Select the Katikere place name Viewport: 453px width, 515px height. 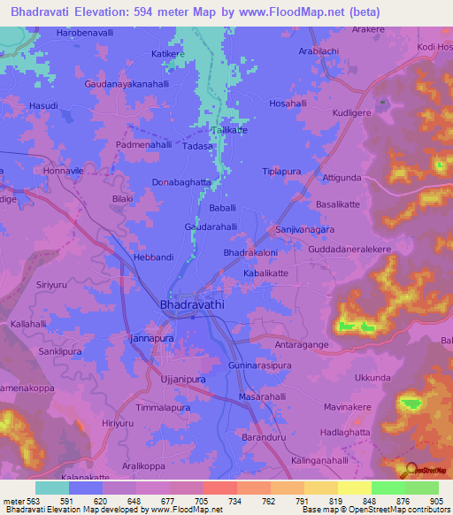coord(168,54)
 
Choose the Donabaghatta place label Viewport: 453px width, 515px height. coord(181,182)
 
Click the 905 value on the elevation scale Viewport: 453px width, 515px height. coord(433,500)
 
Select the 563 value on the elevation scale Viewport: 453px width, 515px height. coord(35,500)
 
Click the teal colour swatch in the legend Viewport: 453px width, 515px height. coord(52,488)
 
